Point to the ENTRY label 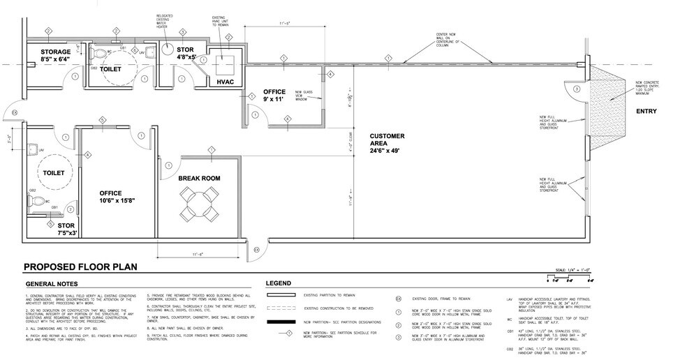pos(644,112)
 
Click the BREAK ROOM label pos(199,179)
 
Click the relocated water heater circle pos(169,50)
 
